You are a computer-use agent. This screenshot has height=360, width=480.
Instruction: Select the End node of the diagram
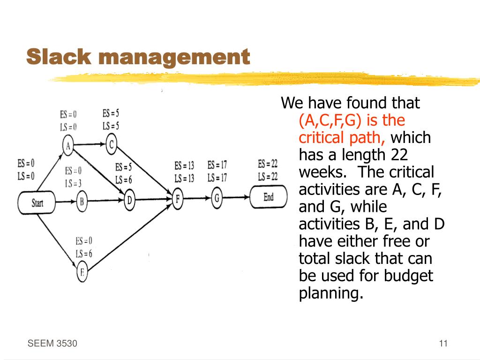coord(268,197)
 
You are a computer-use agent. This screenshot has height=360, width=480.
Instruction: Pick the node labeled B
coord(82,202)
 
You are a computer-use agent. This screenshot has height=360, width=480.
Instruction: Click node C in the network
coord(111,144)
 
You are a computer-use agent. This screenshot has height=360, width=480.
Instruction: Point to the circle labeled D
coord(130,201)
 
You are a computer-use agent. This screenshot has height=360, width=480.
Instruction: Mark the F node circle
coord(177,199)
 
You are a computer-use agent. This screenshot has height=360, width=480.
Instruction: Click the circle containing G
coord(217,198)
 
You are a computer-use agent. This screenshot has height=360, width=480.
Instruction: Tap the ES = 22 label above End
coord(268,164)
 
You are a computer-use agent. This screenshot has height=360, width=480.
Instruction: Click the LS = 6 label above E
coord(84,254)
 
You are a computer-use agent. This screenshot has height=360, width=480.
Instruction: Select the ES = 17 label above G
coord(217,165)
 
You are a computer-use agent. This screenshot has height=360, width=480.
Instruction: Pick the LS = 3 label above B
coord(74,183)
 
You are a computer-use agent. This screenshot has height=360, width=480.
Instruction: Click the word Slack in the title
coord(59,57)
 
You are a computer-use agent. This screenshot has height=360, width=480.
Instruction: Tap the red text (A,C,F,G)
coord(330,120)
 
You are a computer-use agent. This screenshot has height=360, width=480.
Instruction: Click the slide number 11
coord(443,344)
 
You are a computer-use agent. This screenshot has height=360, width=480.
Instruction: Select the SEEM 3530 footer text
coord(52,344)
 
